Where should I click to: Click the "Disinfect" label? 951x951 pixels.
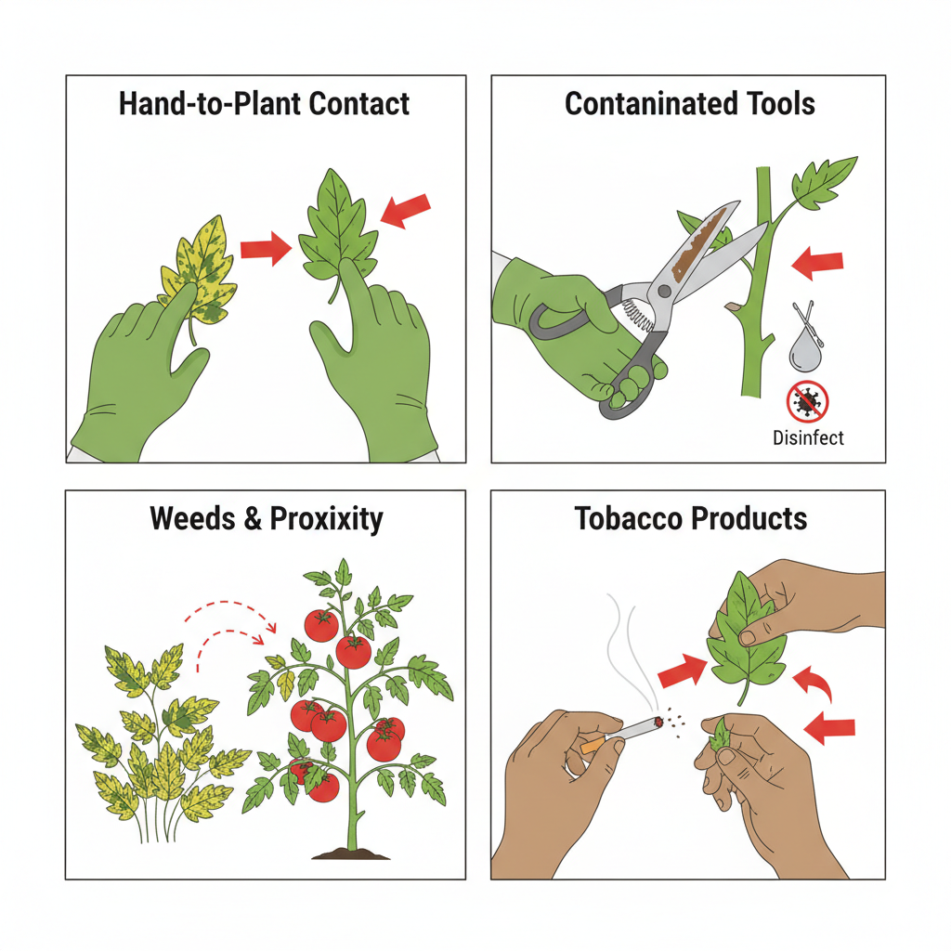pos(808,436)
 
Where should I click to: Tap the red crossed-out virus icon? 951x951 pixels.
pos(807,403)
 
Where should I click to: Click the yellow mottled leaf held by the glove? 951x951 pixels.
pos(198,269)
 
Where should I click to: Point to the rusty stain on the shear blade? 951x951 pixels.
pos(697,246)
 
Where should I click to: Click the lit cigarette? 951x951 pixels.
pos(622,732)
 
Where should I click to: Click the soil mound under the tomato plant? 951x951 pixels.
pos(350,852)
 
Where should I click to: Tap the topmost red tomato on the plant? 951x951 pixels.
pos(321,626)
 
